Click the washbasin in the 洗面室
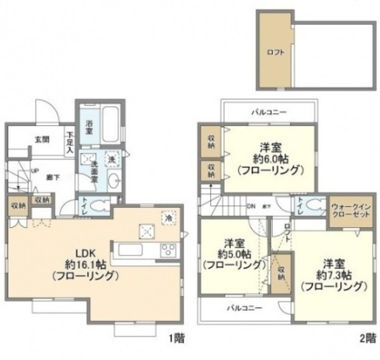(114, 180)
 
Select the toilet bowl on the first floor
(102, 207)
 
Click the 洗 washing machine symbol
(111, 158)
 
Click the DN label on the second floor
(250, 207)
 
